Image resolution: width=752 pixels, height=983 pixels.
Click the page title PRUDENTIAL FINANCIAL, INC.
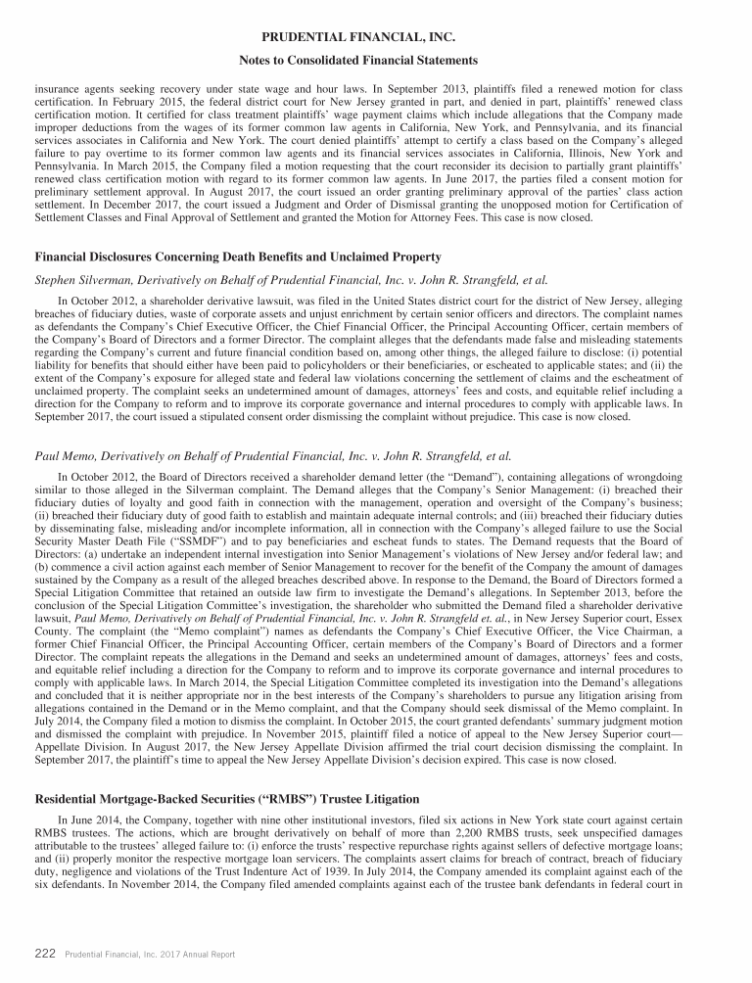click(x=376, y=36)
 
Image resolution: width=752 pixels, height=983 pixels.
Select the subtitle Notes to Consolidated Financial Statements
click(x=376, y=61)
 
